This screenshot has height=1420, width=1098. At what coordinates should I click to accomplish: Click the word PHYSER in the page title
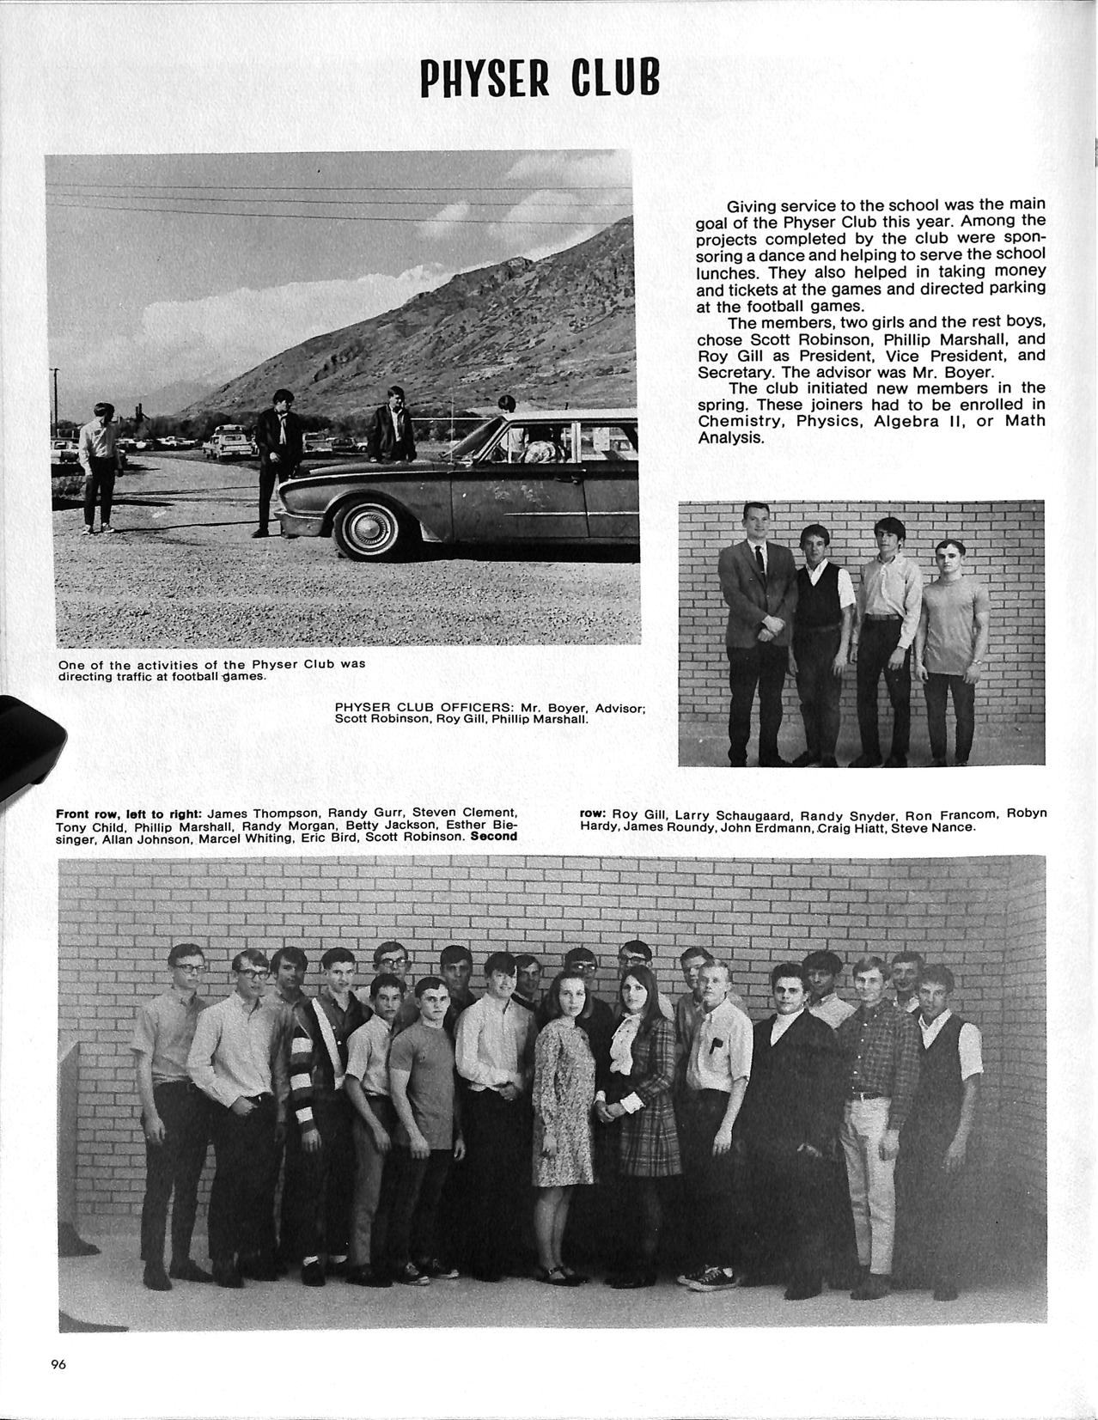pyautogui.click(x=483, y=79)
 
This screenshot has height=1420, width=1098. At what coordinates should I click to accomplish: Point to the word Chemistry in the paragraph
pyautogui.click(x=738, y=421)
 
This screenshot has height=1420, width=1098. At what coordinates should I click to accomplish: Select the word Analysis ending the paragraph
pyautogui.click(x=729, y=437)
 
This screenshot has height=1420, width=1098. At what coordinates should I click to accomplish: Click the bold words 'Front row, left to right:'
pyautogui.click(x=128, y=813)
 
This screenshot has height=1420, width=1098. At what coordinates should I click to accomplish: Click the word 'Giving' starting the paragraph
pyautogui.click(x=751, y=206)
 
